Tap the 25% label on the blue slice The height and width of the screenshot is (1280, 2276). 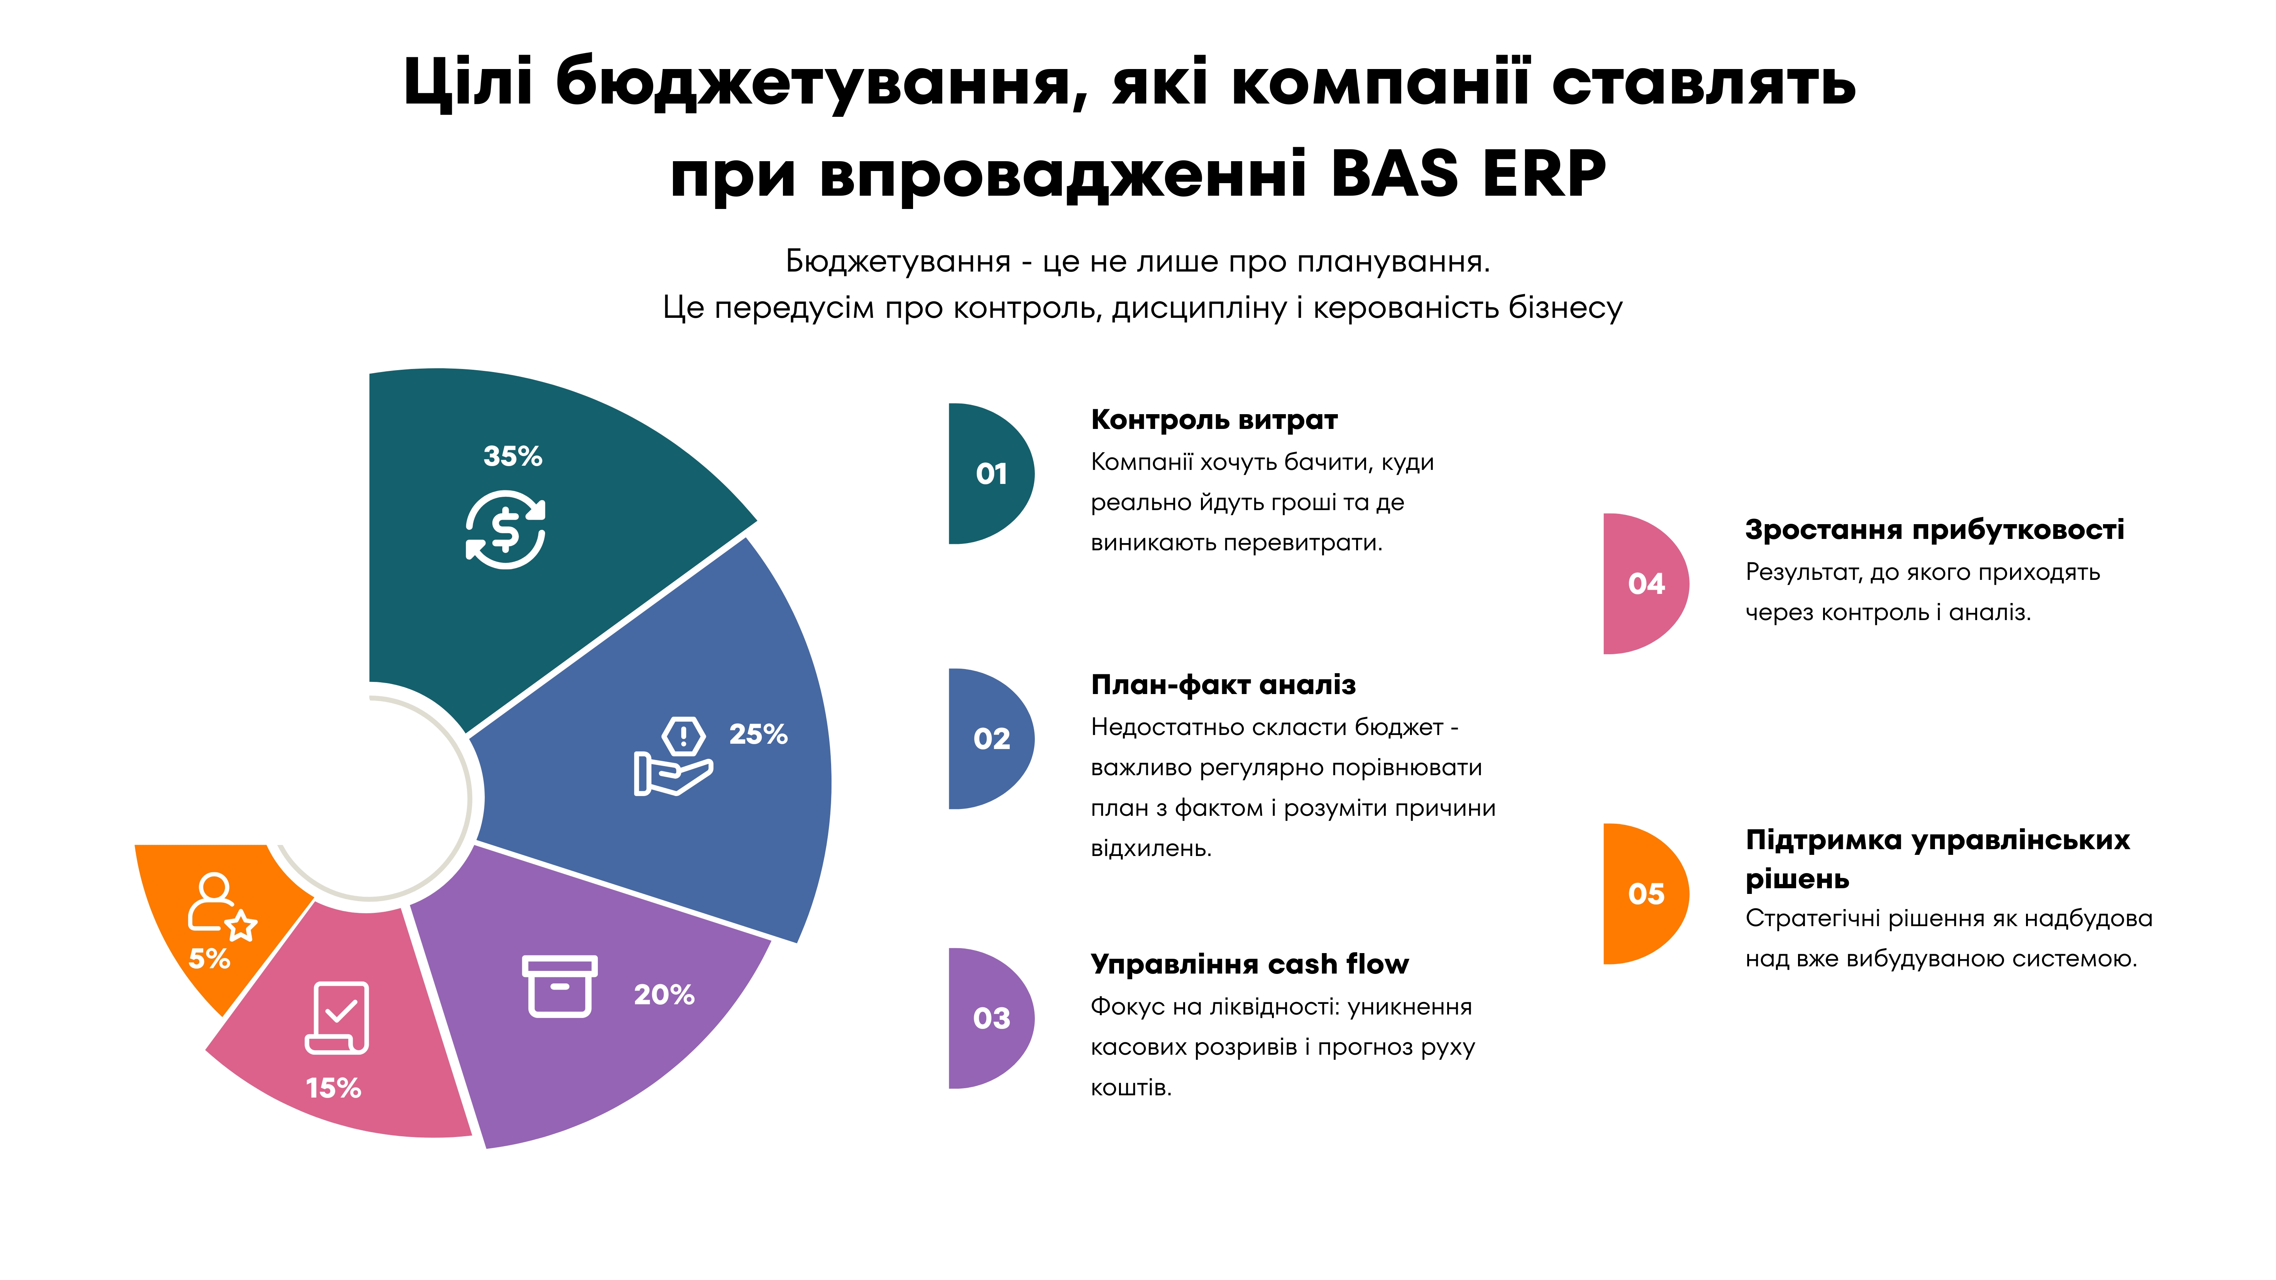click(758, 734)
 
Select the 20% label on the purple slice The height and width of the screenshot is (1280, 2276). click(665, 995)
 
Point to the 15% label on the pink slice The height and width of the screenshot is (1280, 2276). click(333, 1088)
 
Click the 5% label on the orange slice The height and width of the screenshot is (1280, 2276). click(209, 958)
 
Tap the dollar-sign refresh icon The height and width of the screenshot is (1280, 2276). click(505, 530)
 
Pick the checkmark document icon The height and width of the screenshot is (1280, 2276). click(336, 1018)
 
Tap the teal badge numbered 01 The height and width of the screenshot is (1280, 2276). click(990, 473)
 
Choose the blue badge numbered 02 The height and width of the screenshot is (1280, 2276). click(990, 738)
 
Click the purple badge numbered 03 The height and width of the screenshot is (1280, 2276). click(990, 1018)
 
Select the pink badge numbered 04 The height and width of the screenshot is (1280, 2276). click(1645, 584)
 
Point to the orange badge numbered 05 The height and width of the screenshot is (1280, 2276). click(1645, 894)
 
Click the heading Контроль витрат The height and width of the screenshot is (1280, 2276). click(1214, 419)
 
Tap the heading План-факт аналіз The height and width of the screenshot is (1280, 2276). click(1223, 685)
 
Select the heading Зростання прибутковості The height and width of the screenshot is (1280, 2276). click(1934, 530)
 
